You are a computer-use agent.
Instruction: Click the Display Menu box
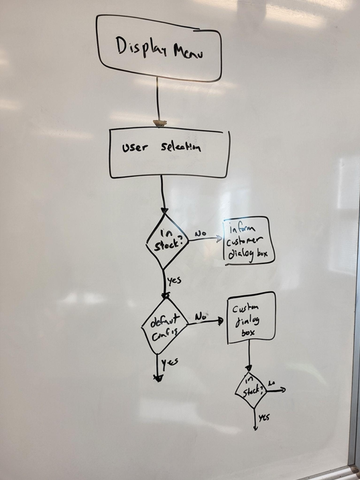158,46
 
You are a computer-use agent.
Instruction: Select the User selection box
169,154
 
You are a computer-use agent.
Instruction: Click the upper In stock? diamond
166,240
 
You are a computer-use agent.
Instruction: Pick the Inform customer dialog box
249,240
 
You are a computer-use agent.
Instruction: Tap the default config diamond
163,327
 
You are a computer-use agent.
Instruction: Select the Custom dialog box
251,317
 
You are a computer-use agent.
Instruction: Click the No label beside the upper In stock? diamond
200,234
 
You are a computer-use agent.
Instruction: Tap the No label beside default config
200,315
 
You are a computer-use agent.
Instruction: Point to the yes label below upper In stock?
174,280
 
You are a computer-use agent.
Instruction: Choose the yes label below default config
171,363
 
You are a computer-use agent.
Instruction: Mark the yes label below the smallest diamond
264,418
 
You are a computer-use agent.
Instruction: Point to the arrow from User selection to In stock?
162,194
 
